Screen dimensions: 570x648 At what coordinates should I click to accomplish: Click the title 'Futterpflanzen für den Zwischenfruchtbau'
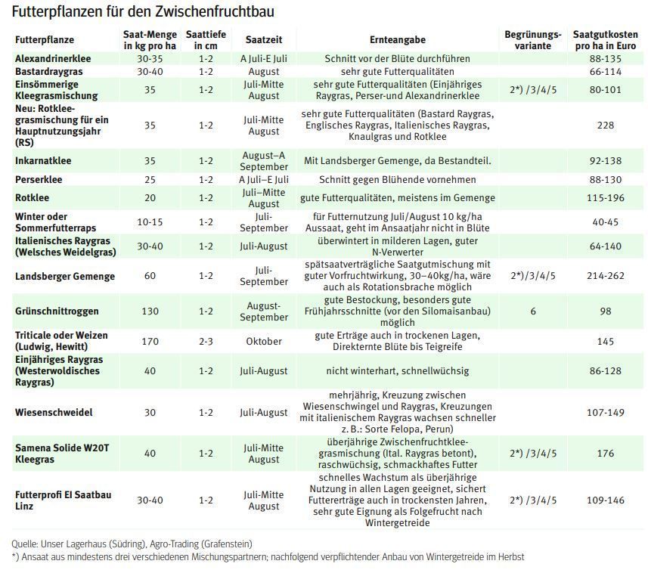click(143, 13)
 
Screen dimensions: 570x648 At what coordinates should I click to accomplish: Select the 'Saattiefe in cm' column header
click(206, 40)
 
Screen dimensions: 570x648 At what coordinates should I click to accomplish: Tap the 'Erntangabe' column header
click(397, 40)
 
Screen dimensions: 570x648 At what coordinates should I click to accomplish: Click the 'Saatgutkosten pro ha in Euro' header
click(605, 40)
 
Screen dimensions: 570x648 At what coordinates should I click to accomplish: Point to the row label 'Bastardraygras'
click(48, 71)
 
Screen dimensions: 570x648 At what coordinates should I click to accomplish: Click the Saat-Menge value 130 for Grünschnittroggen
click(150, 311)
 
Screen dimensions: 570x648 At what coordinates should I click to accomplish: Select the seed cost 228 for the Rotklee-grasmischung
click(605, 125)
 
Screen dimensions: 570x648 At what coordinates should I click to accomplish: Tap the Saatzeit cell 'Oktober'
click(263, 342)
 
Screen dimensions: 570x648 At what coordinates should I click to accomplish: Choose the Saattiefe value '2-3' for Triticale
click(206, 342)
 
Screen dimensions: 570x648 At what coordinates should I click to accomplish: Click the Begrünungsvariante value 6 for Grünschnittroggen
click(532, 311)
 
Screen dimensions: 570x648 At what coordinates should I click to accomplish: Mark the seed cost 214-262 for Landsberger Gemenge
click(605, 276)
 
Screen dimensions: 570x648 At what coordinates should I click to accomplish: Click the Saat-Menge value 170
click(150, 342)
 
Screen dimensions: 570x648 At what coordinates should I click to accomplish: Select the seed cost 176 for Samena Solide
click(605, 454)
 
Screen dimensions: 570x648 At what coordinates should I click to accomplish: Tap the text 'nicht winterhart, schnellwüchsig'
click(397, 371)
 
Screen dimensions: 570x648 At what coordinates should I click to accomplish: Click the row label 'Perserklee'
click(39, 180)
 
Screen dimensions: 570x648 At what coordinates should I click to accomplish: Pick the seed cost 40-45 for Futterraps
click(605, 221)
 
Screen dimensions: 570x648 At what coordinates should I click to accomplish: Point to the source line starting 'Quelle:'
click(132, 544)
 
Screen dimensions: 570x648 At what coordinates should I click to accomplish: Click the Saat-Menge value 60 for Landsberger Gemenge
click(150, 276)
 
